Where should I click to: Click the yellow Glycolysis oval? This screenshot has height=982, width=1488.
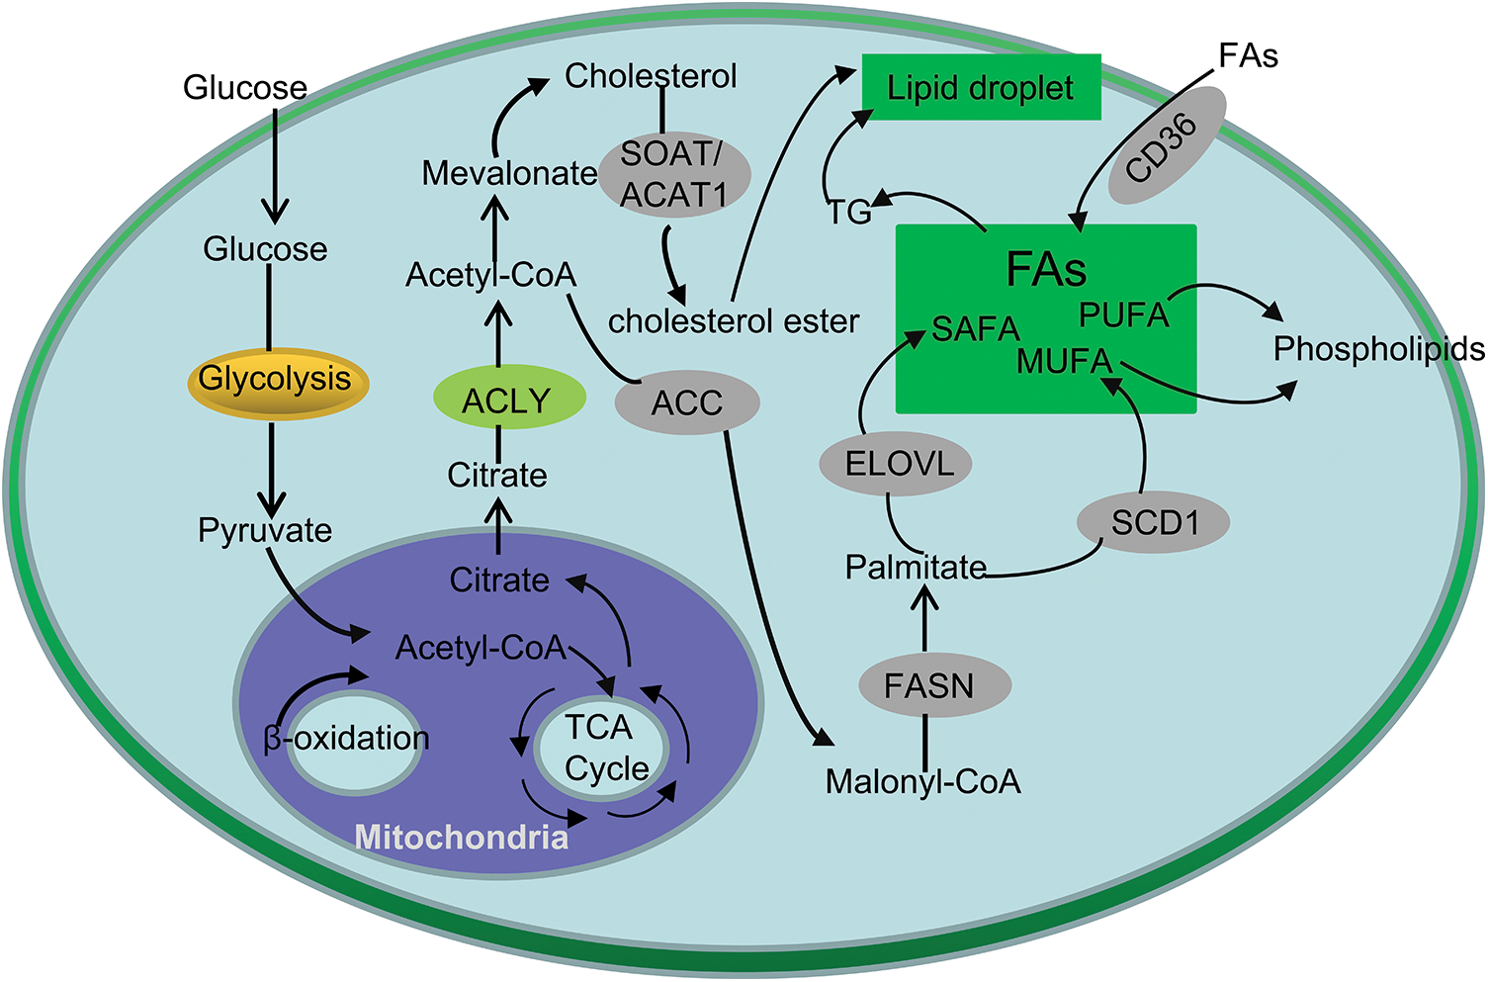coord(277,381)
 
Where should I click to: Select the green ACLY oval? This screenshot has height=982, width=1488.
coord(508,399)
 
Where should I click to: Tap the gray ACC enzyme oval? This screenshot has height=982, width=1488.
coord(687,402)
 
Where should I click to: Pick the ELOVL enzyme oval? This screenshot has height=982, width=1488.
coord(896,463)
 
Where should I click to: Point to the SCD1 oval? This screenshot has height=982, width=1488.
coord(1154,522)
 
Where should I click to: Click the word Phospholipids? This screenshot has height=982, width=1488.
coord(1378,349)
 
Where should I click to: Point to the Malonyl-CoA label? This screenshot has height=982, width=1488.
coord(922,782)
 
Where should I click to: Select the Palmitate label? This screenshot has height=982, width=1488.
coord(916,568)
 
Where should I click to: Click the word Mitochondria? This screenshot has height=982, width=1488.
coord(462,838)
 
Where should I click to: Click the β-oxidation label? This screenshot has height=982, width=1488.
coord(346,739)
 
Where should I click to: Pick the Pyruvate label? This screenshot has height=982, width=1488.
coord(265,531)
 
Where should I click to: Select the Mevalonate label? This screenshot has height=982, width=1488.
coord(509,174)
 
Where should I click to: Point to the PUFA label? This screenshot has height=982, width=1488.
coord(1124,314)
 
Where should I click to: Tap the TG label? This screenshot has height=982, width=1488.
coord(849,212)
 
